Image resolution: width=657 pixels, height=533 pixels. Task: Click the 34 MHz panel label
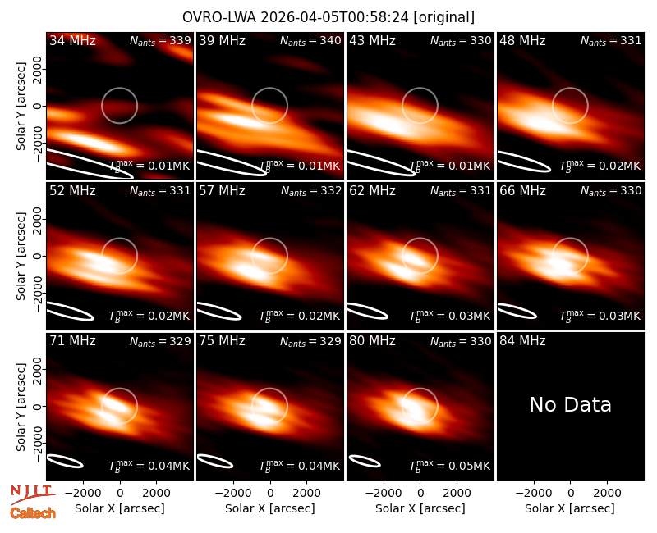pyautogui.click(x=72, y=40)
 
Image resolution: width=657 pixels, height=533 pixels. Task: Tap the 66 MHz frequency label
pyautogui.click(x=522, y=191)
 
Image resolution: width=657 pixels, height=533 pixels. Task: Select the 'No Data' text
pyautogui.click(x=570, y=404)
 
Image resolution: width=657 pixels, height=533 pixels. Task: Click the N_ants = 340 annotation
pyautogui.click(x=310, y=40)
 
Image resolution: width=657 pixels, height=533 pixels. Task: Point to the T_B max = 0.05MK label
pyautogui.click(x=449, y=465)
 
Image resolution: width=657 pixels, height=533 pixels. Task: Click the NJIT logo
pyautogui.click(x=32, y=494)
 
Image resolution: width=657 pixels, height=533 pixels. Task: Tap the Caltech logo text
pyautogui.click(x=33, y=513)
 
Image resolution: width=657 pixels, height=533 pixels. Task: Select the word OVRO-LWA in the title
pyautogui.click(x=219, y=17)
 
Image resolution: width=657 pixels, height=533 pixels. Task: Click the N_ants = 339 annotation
pyautogui.click(x=160, y=40)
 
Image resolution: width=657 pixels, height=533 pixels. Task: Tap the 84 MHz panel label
pyautogui.click(x=522, y=341)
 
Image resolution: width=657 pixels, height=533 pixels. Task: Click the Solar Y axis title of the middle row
pyautogui.click(x=21, y=256)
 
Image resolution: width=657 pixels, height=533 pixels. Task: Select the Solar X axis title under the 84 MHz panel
pyautogui.click(x=570, y=508)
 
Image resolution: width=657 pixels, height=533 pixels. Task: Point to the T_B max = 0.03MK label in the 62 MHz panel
pyautogui.click(x=449, y=315)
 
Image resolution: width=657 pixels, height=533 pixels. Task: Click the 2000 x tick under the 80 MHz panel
pyautogui.click(x=457, y=493)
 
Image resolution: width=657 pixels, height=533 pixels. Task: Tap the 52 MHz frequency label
pyautogui.click(x=72, y=191)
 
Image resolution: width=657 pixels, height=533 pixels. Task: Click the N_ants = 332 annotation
pyautogui.click(x=310, y=191)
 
